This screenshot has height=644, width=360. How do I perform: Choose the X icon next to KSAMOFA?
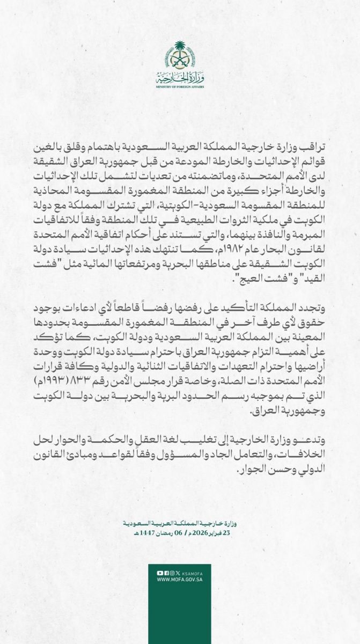point(178,573)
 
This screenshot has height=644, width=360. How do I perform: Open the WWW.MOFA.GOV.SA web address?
point(180,580)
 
